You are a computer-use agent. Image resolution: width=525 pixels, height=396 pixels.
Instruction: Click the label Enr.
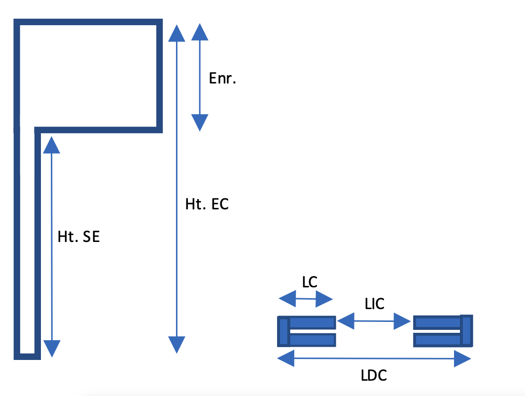pyautogui.click(x=222, y=79)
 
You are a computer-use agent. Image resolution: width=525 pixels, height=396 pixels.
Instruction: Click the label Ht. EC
pyautogui.click(x=207, y=204)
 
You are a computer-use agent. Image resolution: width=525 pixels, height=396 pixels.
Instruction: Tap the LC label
pyautogui.click(x=310, y=282)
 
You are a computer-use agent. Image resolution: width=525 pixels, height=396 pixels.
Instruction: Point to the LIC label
pyautogui.click(x=375, y=304)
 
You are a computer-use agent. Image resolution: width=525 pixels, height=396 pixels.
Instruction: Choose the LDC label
pyautogui.click(x=374, y=375)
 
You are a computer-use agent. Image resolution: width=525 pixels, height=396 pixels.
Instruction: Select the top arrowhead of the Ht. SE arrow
pyautogui.click(x=51, y=145)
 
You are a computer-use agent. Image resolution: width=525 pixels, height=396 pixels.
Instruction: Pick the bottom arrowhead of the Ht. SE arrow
pyautogui.click(x=51, y=348)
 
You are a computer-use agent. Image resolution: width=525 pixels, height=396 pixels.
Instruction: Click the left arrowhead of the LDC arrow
pyautogui.click(x=286, y=358)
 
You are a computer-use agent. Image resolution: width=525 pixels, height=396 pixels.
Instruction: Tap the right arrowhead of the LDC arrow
pyautogui.click(x=462, y=359)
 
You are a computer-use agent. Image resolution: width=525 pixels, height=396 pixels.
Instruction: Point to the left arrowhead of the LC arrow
pyautogui.click(x=287, y=298)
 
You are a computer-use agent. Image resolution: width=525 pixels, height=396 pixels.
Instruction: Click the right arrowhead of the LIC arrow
pyautogui.click(x=403, y=322)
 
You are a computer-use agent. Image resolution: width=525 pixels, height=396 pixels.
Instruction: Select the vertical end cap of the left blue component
pyautogui.click(x=283, y=331)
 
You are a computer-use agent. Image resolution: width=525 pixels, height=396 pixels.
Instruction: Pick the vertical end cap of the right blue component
pyautogui.click(x=466, y=331)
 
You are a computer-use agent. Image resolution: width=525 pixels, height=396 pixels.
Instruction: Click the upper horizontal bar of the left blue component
pyautogui.click(x=312, y=322)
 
